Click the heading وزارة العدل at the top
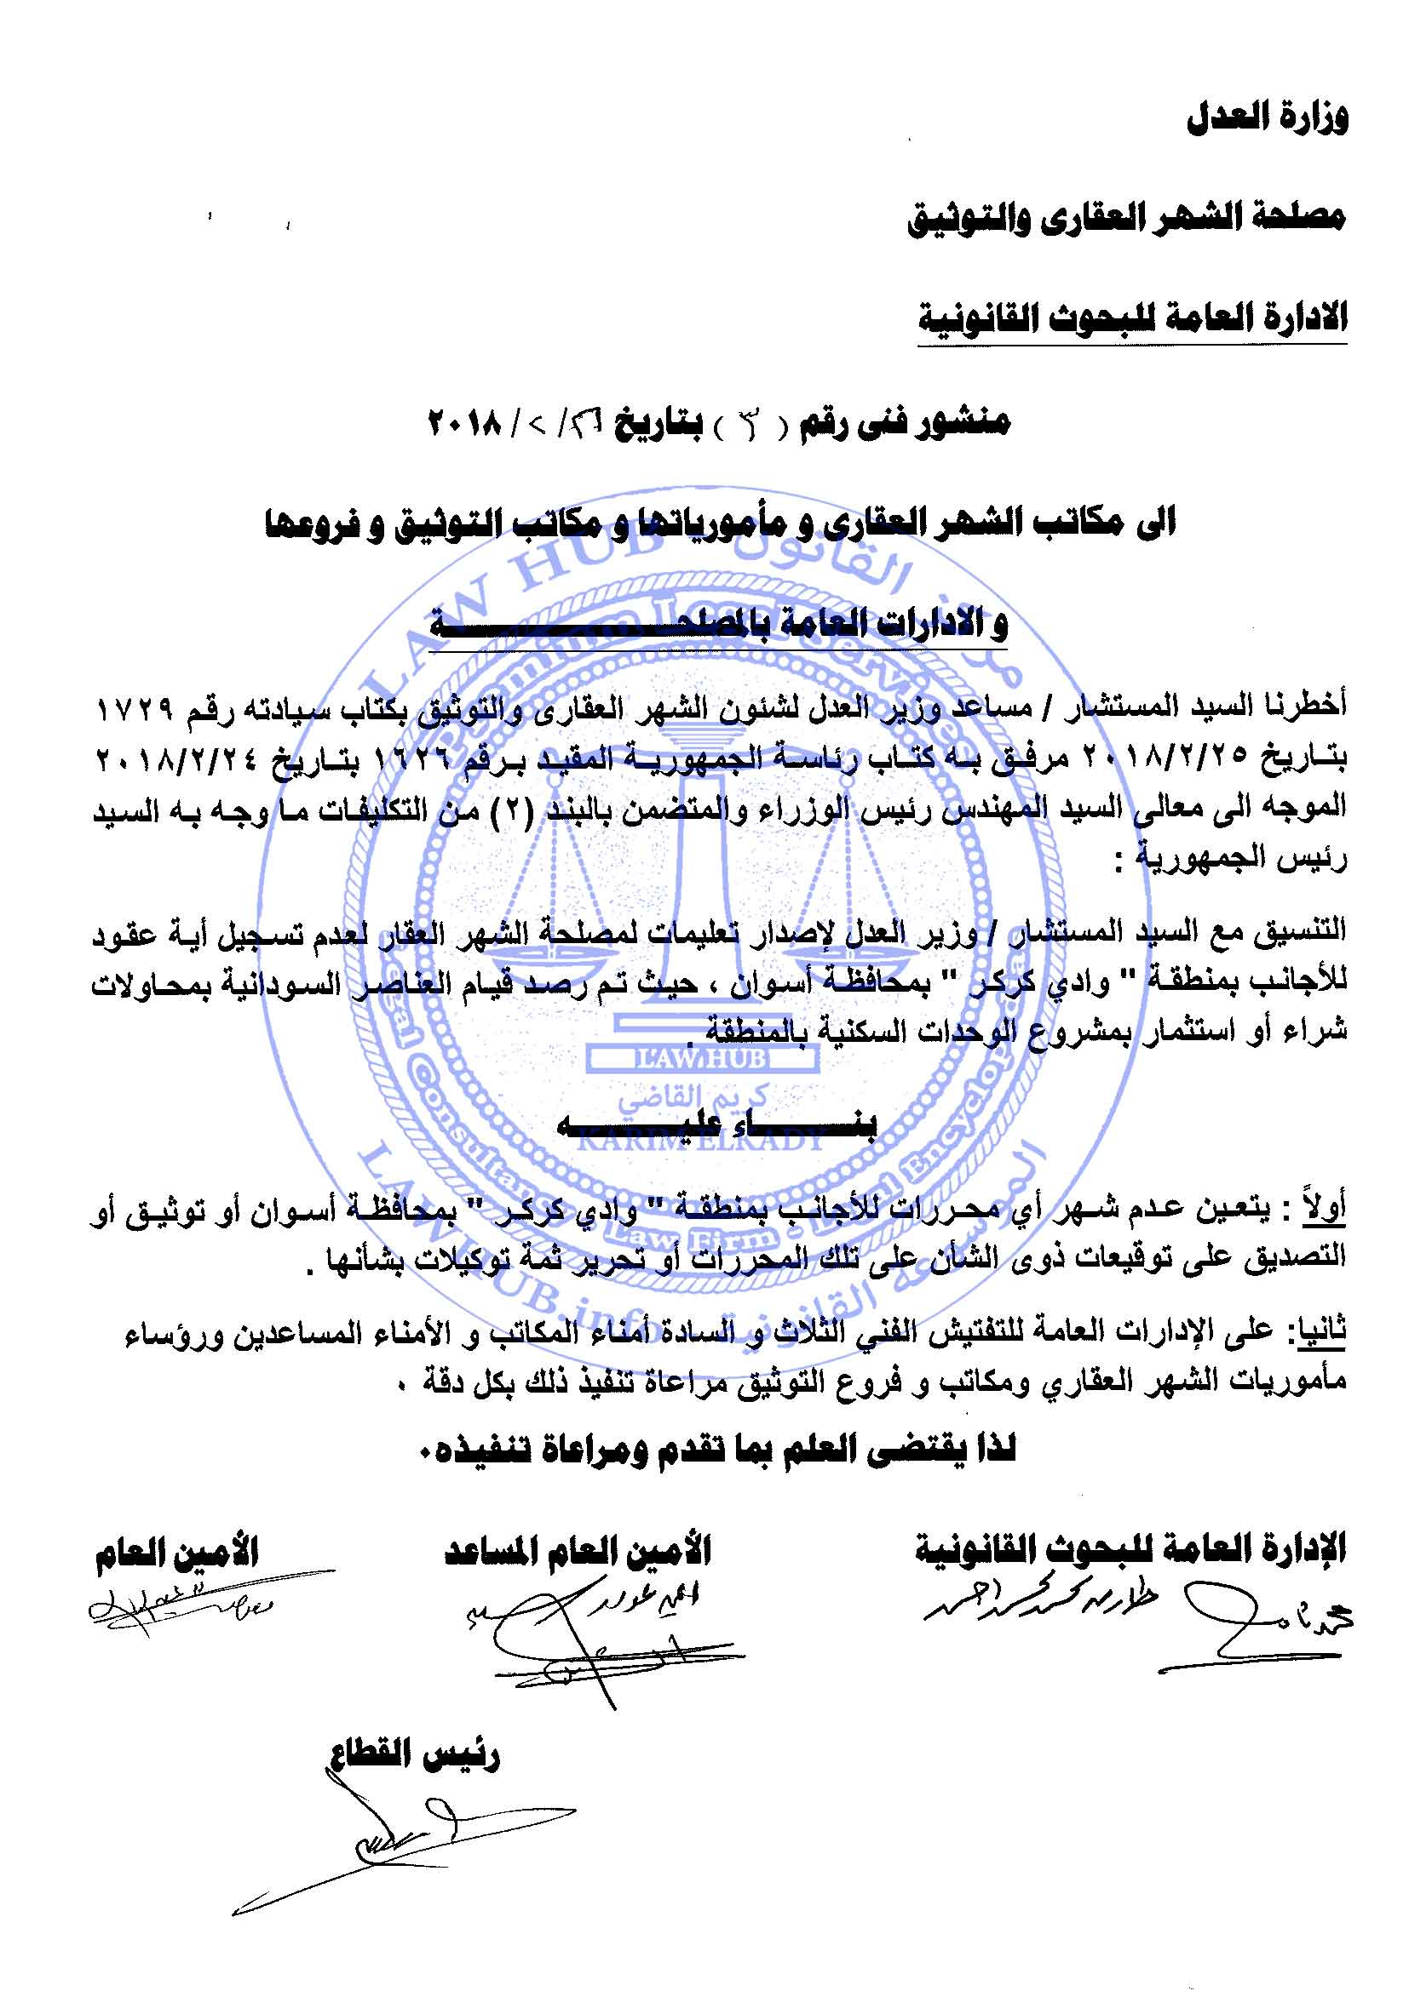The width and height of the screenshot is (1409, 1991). tap(1266, 119)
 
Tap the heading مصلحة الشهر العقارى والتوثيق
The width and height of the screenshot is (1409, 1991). tap(1126, 218)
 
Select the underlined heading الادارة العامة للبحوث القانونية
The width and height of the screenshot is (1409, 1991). tap(1132, 318)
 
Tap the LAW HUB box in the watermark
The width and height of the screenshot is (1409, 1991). tap(700, 1058)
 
